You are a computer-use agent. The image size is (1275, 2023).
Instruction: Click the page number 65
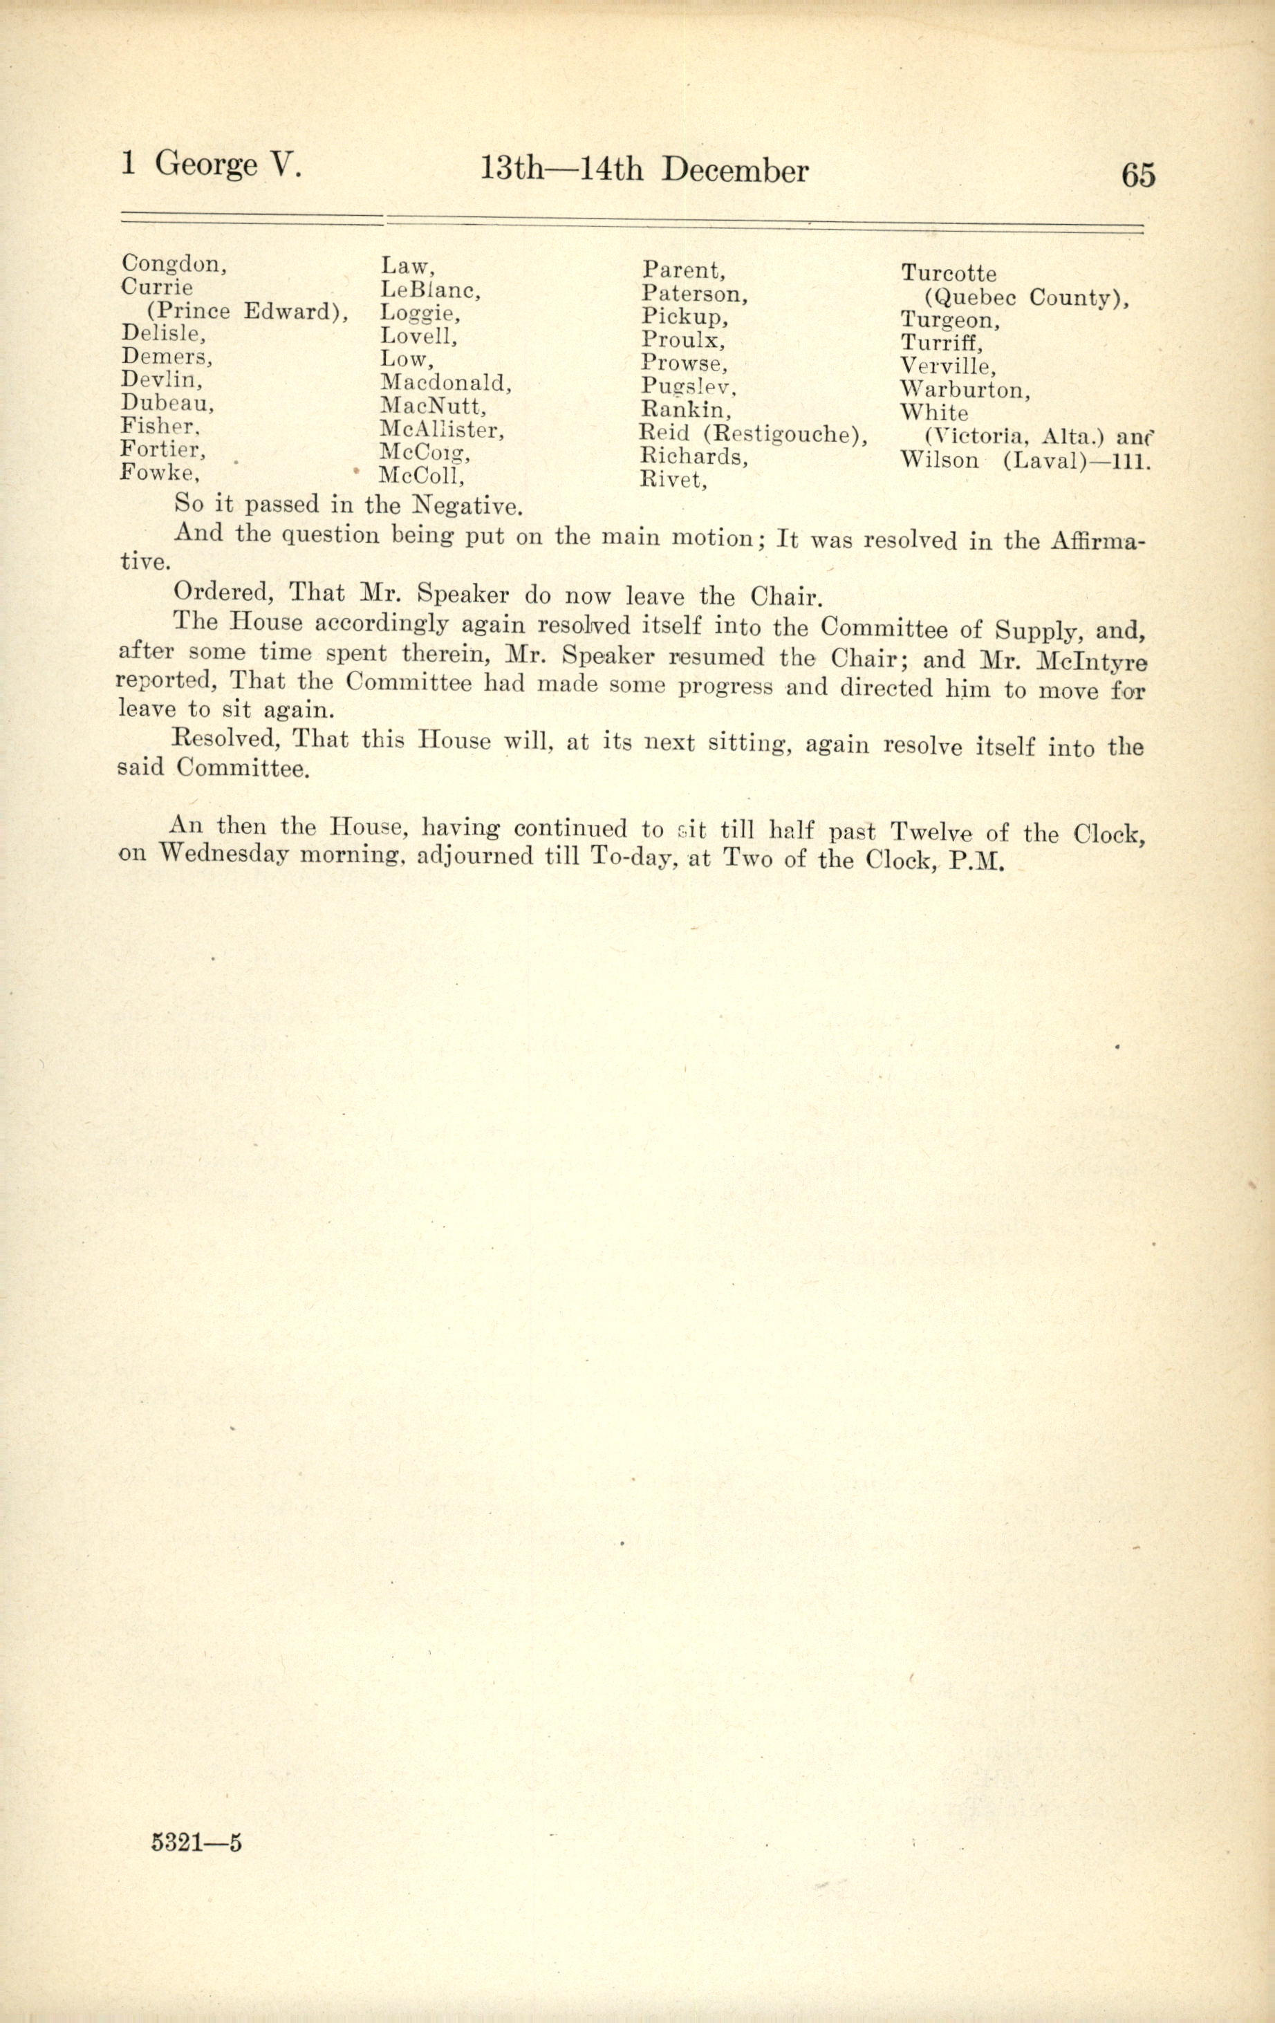coord(1138,175)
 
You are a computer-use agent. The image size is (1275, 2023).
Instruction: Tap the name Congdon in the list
coord(173,265)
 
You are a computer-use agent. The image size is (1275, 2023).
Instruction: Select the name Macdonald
coord(445,383)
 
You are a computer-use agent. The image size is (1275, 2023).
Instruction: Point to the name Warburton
coord(965,390)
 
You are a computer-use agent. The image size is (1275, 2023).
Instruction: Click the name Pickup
coord(685,317)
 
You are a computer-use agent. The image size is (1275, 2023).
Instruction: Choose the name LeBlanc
coord(429,290)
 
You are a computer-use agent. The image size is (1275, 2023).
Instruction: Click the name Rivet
coord(673,480)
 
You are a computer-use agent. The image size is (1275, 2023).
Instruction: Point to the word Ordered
coord(223,593)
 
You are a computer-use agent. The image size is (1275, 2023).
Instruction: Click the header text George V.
coord(227,163)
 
